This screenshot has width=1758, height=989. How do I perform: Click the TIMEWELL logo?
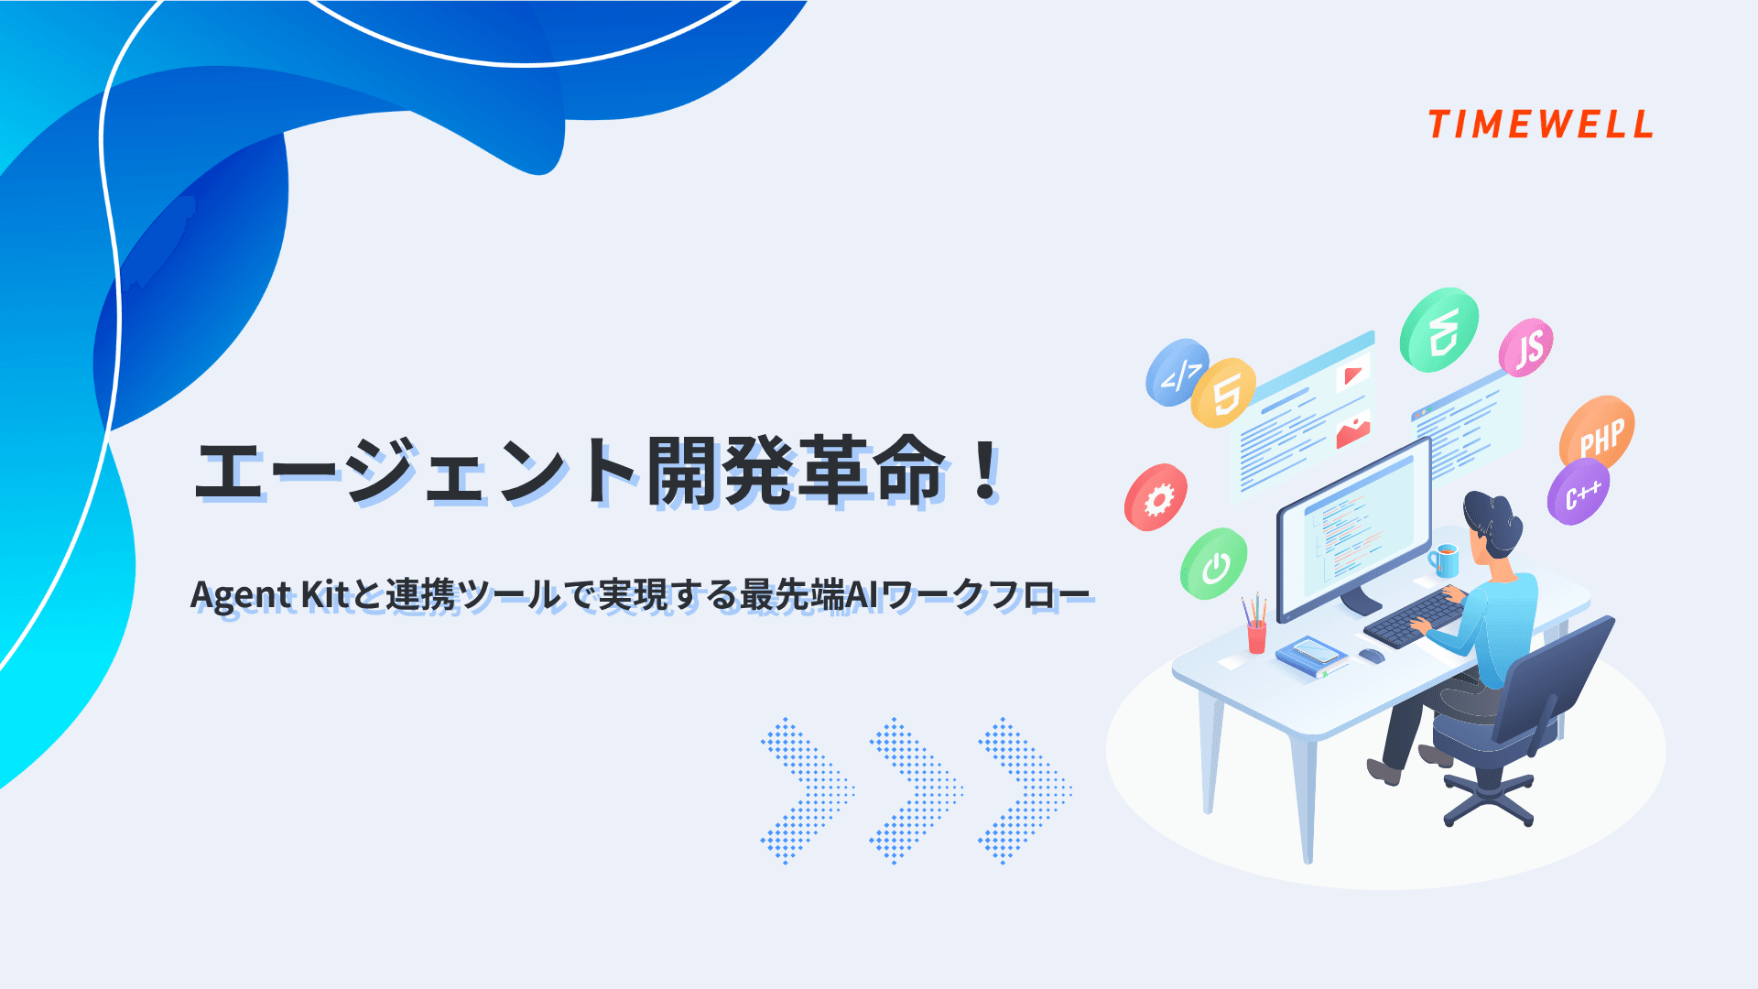[1540, 125]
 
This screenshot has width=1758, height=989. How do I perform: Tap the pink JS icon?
[1526, 348]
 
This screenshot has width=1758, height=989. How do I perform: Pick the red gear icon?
[1156, 497]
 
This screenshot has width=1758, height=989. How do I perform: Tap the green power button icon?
[1214, 564]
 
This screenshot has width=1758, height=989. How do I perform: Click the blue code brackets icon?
[1177, 372]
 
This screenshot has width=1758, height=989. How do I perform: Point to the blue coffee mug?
[1445, 560]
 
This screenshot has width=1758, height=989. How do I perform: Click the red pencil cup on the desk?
[1256, 634]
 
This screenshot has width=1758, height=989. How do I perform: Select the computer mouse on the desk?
[1372, 655]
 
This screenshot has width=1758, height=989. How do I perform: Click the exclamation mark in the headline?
[986, 471]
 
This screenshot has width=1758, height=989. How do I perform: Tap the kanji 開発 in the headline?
[722, 471]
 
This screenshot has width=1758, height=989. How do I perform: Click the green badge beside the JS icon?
[1439, 331]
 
